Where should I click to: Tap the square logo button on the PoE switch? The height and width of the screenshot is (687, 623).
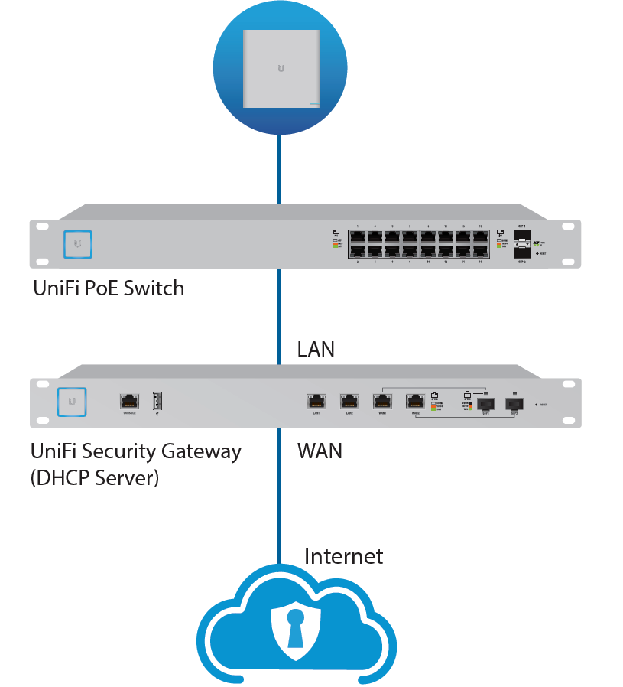point(78,243)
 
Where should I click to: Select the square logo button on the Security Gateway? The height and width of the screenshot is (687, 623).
point(71,401)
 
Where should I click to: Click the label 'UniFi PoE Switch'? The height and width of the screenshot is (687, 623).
point(109,288)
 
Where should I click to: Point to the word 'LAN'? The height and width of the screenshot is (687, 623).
point(316,350)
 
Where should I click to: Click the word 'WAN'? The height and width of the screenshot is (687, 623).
point(320,451)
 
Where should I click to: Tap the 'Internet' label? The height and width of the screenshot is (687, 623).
point(343,555)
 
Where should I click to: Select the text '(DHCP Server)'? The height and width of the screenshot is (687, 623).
point(95,479)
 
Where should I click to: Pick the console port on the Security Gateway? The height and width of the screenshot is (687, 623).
point(129,400)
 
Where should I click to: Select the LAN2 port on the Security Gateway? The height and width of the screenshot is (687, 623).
point(349,400)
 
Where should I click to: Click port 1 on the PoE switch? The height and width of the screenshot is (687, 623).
point(358,236)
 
